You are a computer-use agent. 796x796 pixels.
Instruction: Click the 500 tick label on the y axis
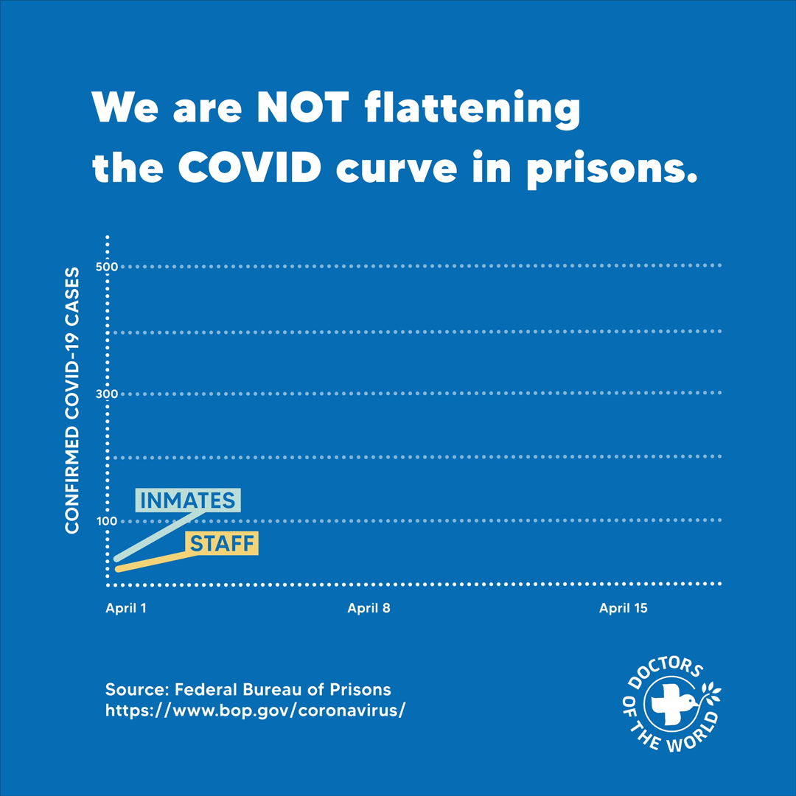(108, 266)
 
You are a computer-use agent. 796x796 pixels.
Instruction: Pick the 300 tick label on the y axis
(108, 394)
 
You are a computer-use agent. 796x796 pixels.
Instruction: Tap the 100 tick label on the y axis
(108, 521)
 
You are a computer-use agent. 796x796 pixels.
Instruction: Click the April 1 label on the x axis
(126, 608)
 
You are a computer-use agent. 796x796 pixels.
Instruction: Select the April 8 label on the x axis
(369, 608)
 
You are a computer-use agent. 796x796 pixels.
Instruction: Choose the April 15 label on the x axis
(624, 608)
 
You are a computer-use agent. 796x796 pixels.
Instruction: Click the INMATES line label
(188, 500)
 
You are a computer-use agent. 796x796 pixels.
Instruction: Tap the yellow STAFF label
(221, 544)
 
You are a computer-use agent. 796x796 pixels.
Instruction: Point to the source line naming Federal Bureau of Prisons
(248, 690)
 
